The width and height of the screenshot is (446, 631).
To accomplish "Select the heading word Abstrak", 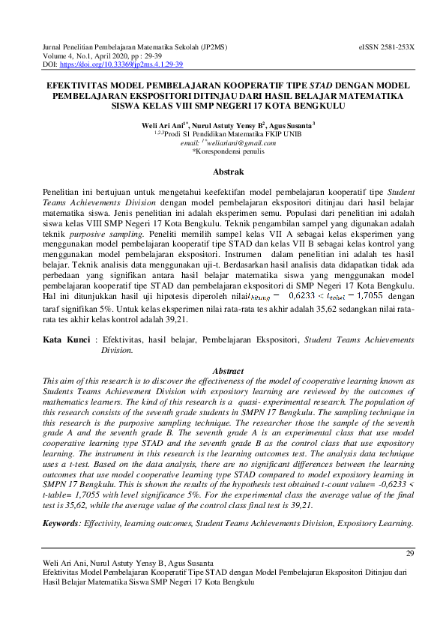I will [x=223, y=172].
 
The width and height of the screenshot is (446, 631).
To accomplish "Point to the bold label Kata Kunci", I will [x=66, y=340].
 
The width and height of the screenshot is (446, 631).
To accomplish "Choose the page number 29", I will [x=409, y=553].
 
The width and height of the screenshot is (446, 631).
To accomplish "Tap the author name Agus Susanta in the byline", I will [x=289, y=125].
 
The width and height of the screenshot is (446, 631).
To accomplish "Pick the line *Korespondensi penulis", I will [x=223, y=151].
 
